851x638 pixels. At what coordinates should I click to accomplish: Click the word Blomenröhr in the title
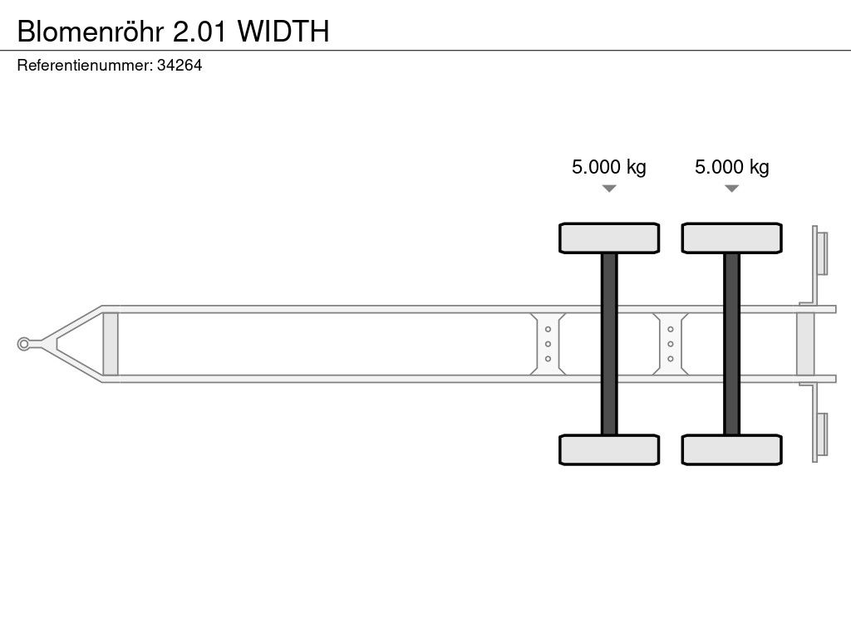90,32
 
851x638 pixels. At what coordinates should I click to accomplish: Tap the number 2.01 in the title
199,32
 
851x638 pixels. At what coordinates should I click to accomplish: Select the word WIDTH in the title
283,32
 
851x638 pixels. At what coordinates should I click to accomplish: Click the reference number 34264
180,65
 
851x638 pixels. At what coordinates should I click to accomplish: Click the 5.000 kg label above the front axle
609,166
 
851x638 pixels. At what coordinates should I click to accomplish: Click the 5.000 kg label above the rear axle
731,166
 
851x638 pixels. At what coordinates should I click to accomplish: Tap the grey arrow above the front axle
609,189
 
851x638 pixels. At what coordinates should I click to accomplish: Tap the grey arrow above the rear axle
731,189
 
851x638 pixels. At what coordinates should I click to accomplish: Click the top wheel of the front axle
609,238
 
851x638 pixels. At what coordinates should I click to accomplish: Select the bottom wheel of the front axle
609,449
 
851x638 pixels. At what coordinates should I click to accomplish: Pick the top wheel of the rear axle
731,238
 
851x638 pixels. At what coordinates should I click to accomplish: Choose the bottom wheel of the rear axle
731,449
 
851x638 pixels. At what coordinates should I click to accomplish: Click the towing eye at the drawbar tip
23,344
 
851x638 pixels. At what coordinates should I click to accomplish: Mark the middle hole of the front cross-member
548,344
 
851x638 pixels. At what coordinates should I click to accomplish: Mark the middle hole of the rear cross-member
671,344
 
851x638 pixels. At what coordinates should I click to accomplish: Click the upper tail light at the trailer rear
822,254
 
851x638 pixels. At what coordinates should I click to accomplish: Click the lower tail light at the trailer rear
822,434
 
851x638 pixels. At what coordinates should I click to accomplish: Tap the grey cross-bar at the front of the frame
111,344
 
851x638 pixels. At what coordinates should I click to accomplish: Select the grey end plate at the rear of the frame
805,344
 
